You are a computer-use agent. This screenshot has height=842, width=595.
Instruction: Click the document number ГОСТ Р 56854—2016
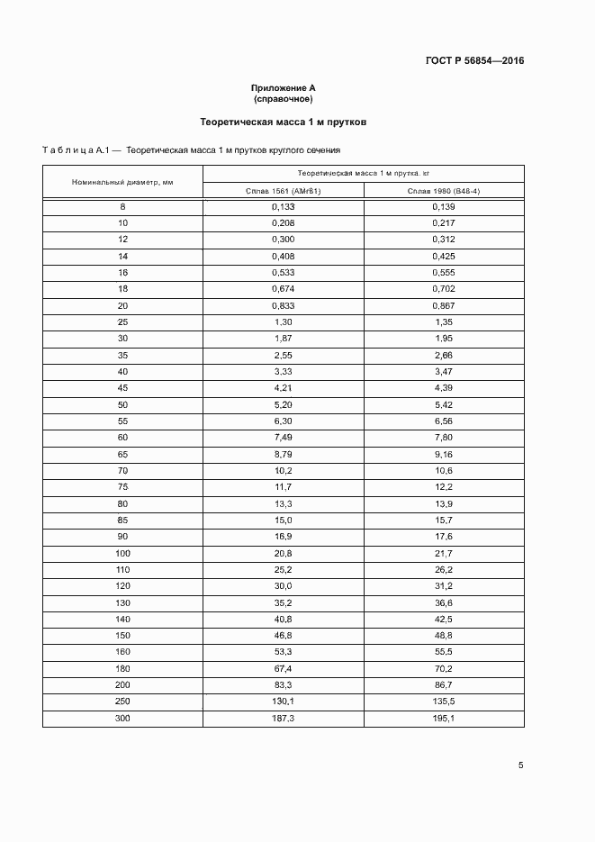click(474, 61)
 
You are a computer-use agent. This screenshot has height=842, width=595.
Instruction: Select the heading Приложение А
click(283, 87)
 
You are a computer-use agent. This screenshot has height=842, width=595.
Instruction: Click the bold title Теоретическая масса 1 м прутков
click(283, 121)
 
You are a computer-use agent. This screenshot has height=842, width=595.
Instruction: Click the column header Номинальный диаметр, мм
click(122, 182)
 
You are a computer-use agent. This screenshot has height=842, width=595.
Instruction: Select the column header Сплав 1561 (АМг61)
click(284, 191)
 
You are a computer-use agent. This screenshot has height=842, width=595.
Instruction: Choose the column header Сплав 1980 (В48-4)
click(444, 191)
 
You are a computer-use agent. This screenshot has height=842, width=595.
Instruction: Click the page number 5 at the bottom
click(521, 765)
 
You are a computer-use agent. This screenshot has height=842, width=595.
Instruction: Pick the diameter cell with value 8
click(122, 206)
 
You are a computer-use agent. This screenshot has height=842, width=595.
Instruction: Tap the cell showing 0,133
click(284, 206)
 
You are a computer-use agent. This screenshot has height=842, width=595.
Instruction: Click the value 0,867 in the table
click(444, 305)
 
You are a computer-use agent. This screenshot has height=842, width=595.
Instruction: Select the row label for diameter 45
click(122, 387)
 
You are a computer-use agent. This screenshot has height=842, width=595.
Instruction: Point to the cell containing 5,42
click(444, 404)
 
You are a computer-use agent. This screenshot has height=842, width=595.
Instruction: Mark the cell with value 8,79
click(284, 454)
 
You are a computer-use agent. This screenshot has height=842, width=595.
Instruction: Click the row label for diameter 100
click(122, 553)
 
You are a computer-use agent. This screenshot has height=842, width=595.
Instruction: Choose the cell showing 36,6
click(444, 602)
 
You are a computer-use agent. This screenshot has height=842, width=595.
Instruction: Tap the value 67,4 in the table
click(284, 668)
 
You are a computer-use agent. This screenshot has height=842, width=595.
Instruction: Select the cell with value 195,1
click(444, 718)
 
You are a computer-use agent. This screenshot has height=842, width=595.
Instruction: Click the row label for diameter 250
click(122, 701)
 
